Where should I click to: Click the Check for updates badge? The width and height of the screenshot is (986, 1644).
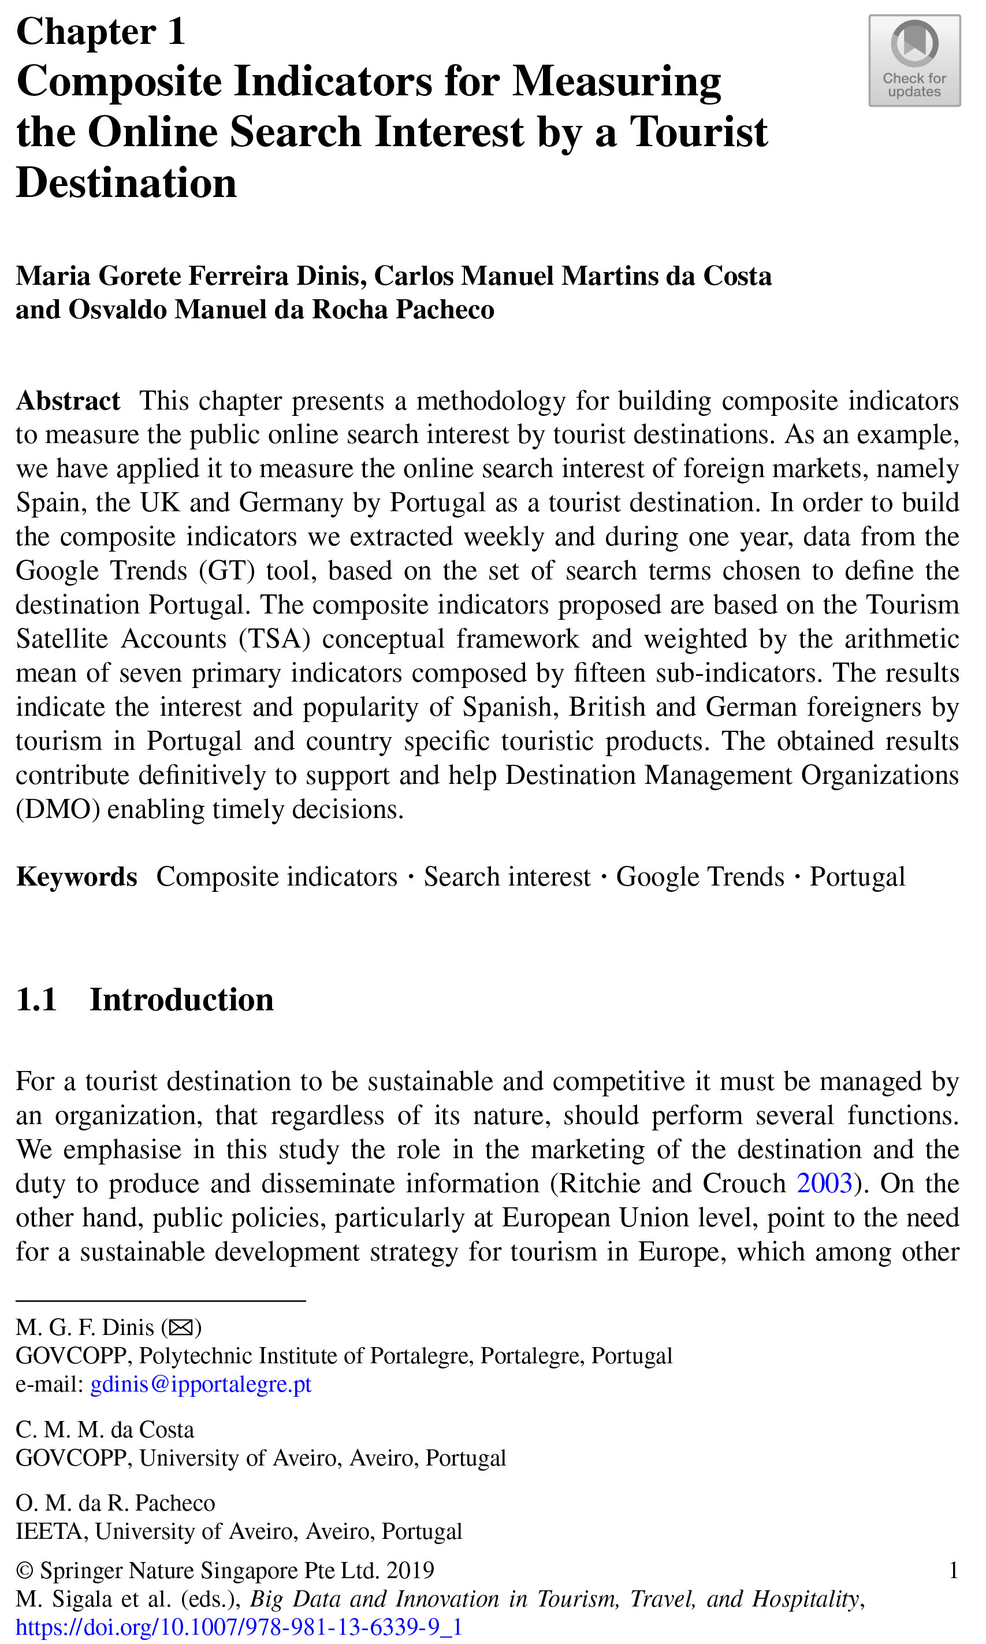(914, 61)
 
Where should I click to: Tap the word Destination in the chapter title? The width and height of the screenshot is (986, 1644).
(126, 183)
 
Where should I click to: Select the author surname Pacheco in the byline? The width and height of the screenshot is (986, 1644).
(445, 310)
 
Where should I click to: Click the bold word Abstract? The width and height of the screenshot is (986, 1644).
(68, 401)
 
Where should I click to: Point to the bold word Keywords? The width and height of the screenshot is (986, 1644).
(77, 877)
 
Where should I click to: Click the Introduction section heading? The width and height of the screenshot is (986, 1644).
(181, 1000)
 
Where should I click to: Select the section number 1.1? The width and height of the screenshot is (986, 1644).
(36, 1000)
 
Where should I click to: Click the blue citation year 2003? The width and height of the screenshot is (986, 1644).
(824, 1183)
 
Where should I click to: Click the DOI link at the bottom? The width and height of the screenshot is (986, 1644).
(239, 1627)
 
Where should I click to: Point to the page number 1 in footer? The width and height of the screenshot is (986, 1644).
(954, 1570)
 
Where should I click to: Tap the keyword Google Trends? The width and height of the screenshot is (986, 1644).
(700, 877)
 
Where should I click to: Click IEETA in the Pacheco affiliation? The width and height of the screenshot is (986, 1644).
(50, 1531)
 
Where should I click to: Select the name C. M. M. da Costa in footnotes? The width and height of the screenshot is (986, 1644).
(105, 1430)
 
